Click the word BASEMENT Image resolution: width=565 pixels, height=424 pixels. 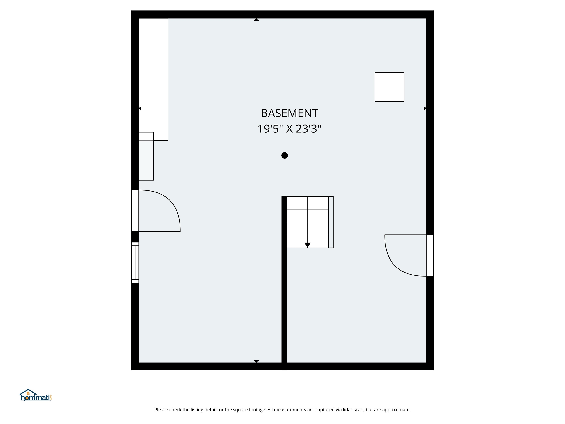(289, 113)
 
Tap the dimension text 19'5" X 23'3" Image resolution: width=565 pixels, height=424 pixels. (289, 129)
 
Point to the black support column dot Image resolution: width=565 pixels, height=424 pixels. (285, 155)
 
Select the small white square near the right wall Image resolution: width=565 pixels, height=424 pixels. (389, 87)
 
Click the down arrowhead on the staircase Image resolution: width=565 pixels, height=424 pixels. (308, 245)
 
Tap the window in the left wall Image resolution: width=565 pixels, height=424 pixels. (135, 262)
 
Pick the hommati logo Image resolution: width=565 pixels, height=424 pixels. (36, 396)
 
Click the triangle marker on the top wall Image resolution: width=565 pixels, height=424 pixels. (256, 20)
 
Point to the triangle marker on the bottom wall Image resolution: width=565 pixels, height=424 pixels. (256, 361)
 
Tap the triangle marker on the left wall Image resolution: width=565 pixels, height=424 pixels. (140, 108)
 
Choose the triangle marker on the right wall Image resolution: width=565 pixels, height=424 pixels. (425, 108)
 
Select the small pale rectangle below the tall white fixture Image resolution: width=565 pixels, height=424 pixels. (146, 160)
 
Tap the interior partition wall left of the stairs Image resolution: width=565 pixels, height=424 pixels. (284, 294)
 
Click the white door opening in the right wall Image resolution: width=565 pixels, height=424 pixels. (430, 256)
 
